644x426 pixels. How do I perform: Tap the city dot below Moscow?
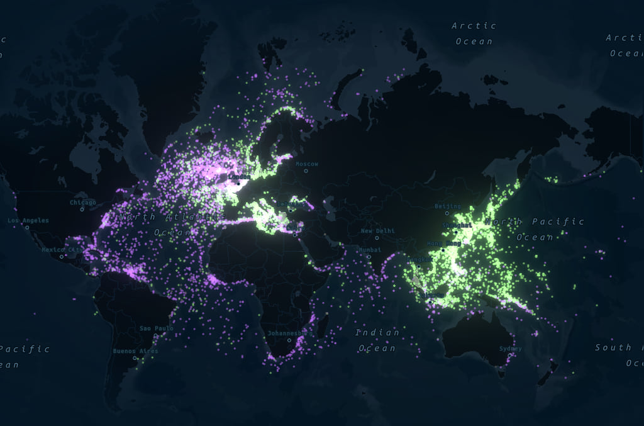pyautogui.click(x=306, y=171)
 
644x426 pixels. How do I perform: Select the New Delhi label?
pyautogui.click(x=377, y=231)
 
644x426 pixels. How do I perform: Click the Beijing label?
pyautogui.click(x=448, y=206)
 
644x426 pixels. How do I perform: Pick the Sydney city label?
pyautogui.click(x=510, y=349)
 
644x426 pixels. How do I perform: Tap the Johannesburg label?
pyautogui.click(x=289, y=332)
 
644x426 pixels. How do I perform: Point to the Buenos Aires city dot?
pyautogui.click(x=135, y=358)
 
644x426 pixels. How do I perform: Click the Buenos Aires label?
pyautogui.click(x=135, y=351)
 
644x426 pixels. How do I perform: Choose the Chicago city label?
pyautogui.click(x=83, y=203)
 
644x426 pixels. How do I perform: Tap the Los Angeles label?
pyautogui.click(x=28, y=220)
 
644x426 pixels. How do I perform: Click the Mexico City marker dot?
pyautogui.click(x=62, y=256)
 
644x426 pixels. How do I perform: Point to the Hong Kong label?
pyautogui.click(x=444, y=243)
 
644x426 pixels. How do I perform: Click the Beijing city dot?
pyautogui.click(x=447, y=213)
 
